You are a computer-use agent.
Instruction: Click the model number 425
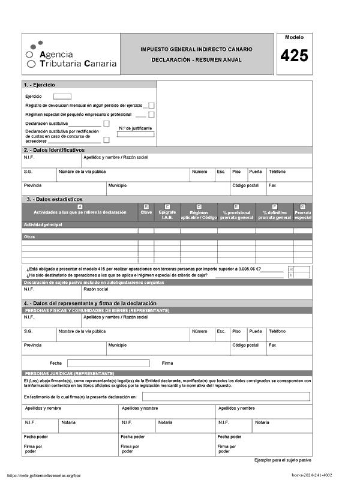pos(294,56)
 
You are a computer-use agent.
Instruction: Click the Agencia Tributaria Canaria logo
pos(71,55)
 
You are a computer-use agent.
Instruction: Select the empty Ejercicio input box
pos(62,96)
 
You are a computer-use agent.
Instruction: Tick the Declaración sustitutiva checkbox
pos(106,124)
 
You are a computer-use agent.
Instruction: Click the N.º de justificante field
pos(135,134)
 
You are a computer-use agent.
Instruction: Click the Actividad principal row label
pos(43,224)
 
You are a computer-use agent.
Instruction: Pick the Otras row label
pos(29,236)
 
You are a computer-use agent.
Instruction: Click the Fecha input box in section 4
pos(108,363)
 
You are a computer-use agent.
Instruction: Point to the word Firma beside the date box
pos(167,363)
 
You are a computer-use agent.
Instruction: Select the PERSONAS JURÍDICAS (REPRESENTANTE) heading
pos(69,373)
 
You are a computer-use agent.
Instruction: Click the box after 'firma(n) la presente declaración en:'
pos(226,397)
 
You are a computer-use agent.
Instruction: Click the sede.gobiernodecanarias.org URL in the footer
pos(44,475)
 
